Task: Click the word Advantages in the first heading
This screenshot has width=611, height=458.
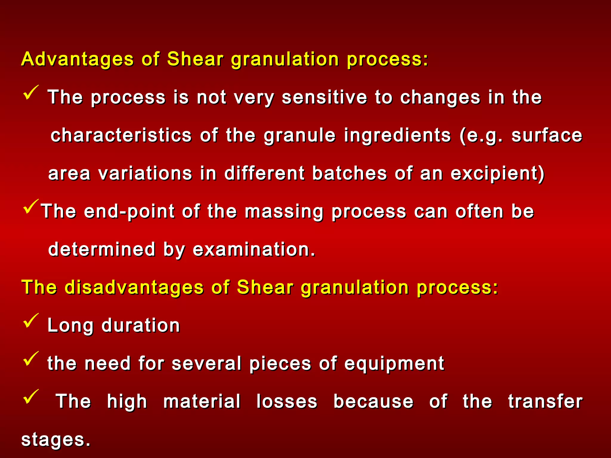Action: (77, 59)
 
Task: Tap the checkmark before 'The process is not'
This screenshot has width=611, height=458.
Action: (30, 93)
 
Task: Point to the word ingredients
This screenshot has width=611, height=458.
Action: (397, 136)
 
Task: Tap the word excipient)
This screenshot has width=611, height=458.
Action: (498, 174)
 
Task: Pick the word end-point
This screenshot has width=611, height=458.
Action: (129, 211)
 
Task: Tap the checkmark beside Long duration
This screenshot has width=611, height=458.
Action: (30, 321)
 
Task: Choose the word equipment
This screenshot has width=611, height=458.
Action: (394, 363)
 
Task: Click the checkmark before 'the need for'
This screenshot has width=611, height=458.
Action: (30, 359)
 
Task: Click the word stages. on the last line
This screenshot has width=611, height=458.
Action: (55, 440)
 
